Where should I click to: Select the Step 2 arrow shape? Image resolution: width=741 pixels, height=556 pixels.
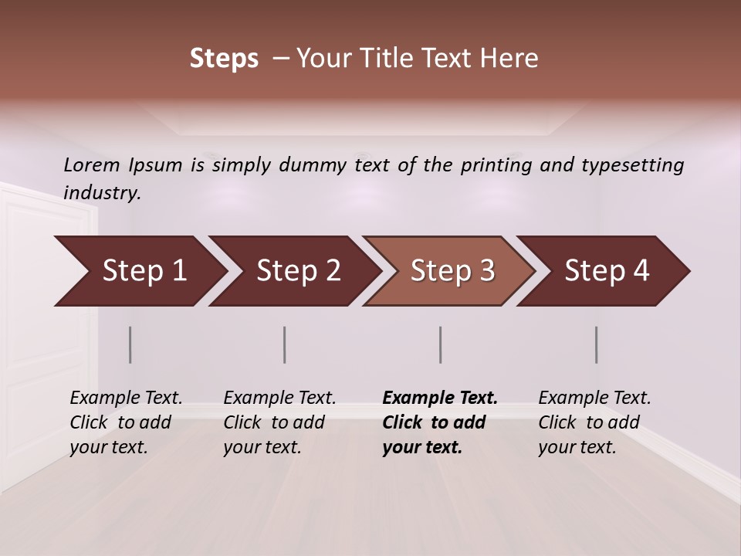293,271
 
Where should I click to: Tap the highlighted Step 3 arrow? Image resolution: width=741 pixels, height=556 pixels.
448,271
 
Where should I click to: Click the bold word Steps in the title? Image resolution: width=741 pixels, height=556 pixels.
224,58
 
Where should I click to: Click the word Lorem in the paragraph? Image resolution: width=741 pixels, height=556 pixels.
91,164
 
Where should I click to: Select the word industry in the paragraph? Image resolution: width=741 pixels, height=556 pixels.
102,192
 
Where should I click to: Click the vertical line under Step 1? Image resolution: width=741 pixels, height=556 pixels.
130,344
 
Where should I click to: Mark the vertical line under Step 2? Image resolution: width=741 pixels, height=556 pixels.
285,344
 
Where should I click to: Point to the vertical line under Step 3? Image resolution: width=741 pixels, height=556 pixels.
441,344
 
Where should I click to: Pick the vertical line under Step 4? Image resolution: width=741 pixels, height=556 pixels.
597,344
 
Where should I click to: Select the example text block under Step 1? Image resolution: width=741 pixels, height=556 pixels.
126,422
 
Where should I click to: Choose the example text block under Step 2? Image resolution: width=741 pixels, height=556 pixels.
279,422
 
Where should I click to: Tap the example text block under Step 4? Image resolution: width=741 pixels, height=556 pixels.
594,422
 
